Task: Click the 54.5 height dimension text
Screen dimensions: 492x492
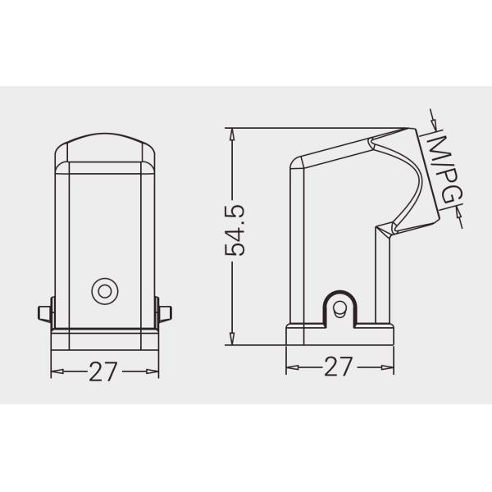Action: point(236,231)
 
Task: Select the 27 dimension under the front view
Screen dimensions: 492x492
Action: point(103,371)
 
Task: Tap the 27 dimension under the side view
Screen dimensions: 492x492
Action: point(338,367)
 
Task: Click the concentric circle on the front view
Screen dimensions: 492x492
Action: point(105,289)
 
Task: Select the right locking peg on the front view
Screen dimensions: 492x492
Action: point(165,314)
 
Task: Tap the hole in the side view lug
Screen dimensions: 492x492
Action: point(339,309)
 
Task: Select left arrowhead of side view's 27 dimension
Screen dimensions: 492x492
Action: point(292,367)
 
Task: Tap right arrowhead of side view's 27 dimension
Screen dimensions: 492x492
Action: point(387,367)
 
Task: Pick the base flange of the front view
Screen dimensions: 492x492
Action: point(105,338)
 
